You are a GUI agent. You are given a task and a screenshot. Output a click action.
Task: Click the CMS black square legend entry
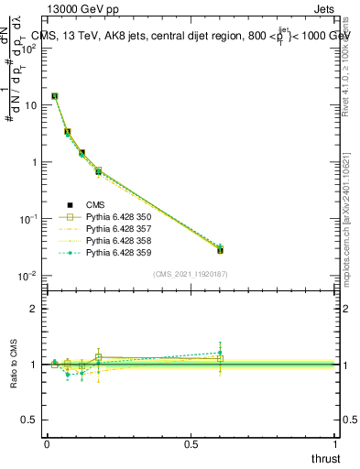pyautogui.click(x=95, y=205)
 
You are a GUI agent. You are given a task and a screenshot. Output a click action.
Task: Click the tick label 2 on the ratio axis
pyautogui.click(x=33, y=309)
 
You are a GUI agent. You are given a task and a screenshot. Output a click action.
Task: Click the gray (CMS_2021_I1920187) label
pyautogui.click(x=191, y=272)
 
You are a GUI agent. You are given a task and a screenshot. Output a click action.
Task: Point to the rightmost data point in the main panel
pyautogui.click(x=220, y=250)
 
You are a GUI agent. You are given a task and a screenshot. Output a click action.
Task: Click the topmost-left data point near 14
pyautogui.click(x=54, y=95)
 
